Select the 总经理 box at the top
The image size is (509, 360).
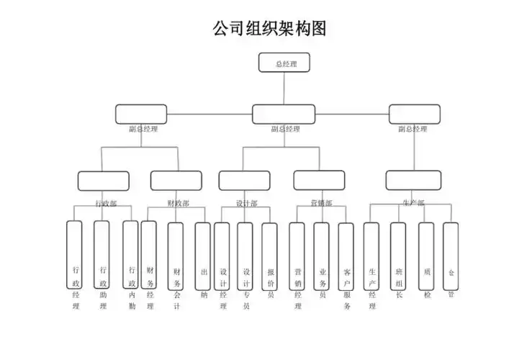point(284,63)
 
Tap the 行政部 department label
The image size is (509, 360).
point(106,204)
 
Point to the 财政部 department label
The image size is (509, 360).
point(178,204)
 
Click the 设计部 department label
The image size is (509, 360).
point(246,204)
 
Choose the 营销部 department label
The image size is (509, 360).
point(321,204)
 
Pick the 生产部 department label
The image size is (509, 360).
point(413,204)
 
